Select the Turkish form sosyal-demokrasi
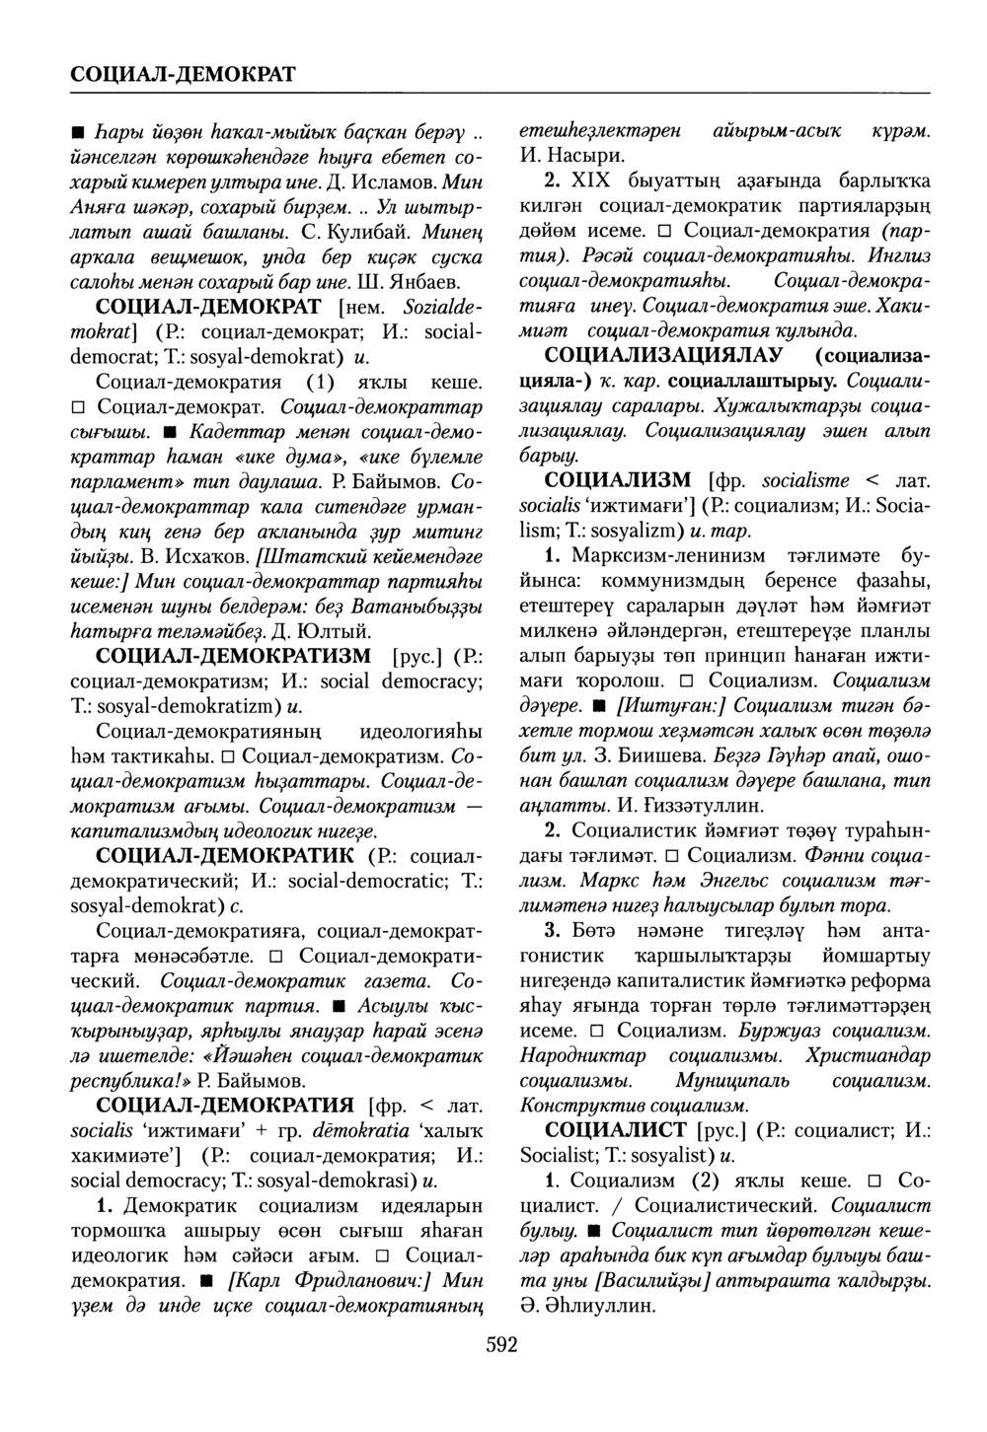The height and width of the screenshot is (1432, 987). (x=329, y=1180)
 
